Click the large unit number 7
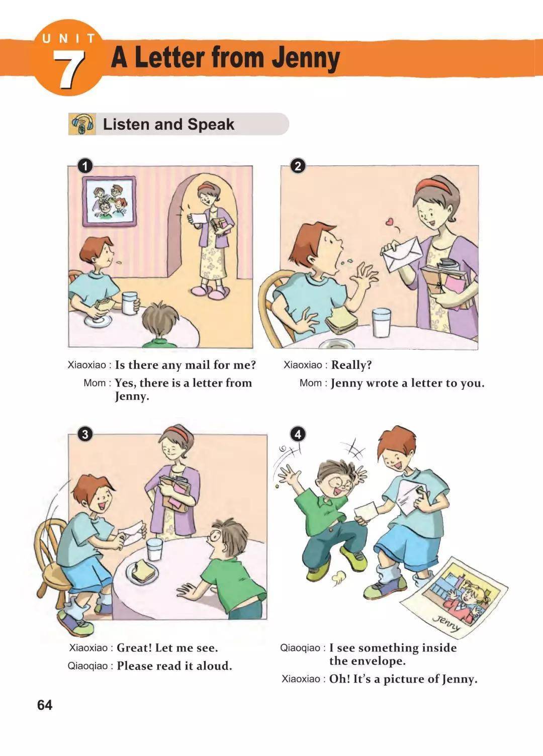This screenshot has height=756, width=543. click(69, 70)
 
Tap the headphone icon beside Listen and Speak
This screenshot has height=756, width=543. click(82, 124)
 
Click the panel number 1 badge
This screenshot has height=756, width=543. click(85, 166)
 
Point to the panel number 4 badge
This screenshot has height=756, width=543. click(298, 434)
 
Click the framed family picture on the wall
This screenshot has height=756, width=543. click(110, 201)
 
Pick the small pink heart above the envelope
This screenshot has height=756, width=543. click(390, 222)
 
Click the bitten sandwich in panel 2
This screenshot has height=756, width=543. click(341, 322)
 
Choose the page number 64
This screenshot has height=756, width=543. click(45, 705)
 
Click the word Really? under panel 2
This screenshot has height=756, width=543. click(351, 365)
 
